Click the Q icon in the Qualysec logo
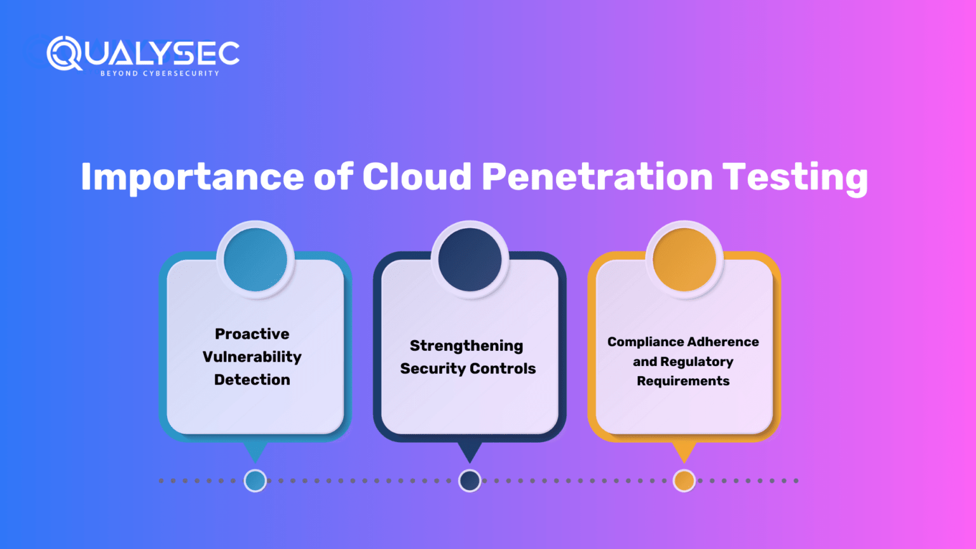[64, 53]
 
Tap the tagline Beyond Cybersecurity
[159, 74]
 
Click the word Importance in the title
[192, 177]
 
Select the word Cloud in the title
[417, 177]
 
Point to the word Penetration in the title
[597, 177]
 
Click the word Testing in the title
[795, 177]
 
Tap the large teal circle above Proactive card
[255, 260]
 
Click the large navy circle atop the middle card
[470, 260]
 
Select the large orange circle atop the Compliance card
[684, 260]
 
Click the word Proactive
[252, 334]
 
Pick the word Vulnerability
[252, 356]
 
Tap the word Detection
[252, 379]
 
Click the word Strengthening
[466, 346]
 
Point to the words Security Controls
[468, 369]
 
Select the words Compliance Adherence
[683, 342]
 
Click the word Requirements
[683, 381]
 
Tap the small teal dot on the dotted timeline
[255, 481]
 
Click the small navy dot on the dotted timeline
[470, 481]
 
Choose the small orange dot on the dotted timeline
[684, 481]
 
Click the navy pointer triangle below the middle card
[470, 451]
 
